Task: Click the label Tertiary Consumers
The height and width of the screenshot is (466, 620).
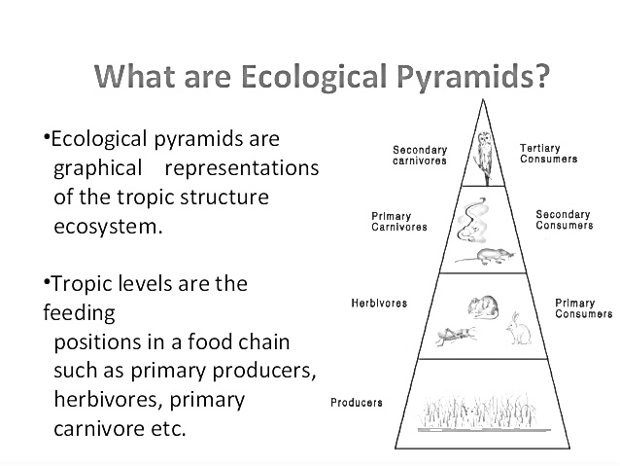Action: tap(548, 153)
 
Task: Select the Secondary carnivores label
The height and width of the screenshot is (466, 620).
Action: tap(419, 155)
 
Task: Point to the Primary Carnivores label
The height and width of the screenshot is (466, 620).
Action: tap(398, 221)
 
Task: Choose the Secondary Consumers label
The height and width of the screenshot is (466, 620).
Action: tap(564, 220)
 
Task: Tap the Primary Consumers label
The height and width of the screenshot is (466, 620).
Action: tap(583, 308)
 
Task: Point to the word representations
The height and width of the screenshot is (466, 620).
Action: tap(241, 167)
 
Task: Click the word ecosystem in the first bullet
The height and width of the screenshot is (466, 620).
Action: tap(106, 227)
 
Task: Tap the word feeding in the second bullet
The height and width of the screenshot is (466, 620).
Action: tap(79, 313)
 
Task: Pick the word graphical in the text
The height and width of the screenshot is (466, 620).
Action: tap(98, 167)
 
